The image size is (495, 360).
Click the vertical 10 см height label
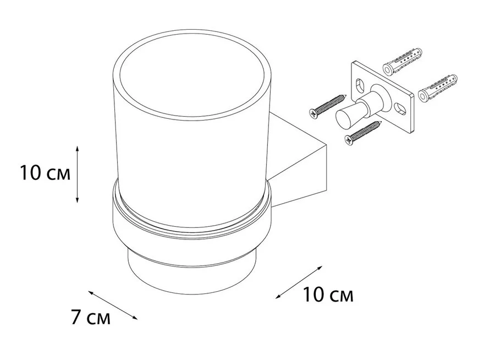[x=45, y=174]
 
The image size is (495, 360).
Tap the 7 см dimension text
[x=91, y=318]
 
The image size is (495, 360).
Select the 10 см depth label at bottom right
[x=328, y=296]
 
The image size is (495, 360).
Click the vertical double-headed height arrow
[x=78, y=174]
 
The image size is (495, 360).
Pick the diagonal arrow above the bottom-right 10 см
[x=298, y=282]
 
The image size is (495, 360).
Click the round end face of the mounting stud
[x=343, y=118]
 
